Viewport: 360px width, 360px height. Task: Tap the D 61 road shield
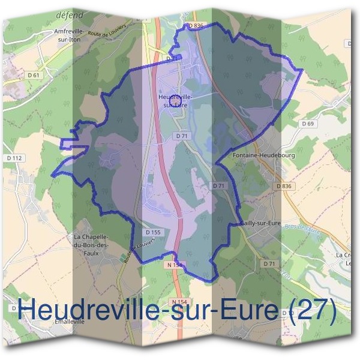click(x=34, y=75)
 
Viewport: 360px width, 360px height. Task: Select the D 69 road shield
click(x=308, y=124)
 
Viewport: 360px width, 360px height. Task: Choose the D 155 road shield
click(x=152, y=232)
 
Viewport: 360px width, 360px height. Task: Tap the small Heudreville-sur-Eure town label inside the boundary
click(x=175, y=100)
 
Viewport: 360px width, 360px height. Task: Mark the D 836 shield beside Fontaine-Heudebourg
click(x=286, y=186)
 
